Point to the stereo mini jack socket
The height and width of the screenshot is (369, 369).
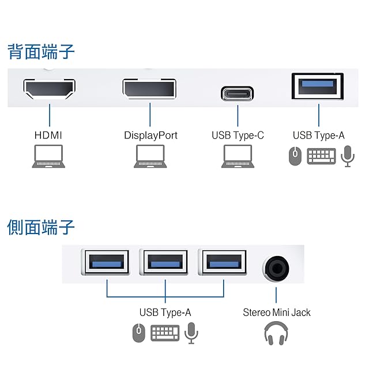click(276, 267)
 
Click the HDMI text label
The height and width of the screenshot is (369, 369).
click(48, 135)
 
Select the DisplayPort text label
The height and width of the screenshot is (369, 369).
click(150, 135)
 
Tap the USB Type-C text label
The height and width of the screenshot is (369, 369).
click(238, 135)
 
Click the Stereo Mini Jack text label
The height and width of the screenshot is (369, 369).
click(276, 312)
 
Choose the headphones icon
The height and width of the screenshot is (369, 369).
click(276, 334)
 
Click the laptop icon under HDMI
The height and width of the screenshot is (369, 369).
click(48, 156)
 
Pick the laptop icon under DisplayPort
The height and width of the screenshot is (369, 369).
click(150, 156)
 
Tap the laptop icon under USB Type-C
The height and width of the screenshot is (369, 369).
click(238, 156)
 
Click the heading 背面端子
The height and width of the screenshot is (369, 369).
click(41, 51)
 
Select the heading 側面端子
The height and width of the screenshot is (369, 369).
click(41, 227)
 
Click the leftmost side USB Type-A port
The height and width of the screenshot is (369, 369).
click(107, 263)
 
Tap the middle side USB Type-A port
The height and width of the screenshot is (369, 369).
click(165, 263)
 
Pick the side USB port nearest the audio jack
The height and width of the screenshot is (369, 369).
click(224, 263)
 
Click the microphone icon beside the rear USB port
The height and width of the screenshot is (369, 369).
click(347, 156)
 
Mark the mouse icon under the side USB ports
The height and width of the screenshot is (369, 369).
click(138, 333)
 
